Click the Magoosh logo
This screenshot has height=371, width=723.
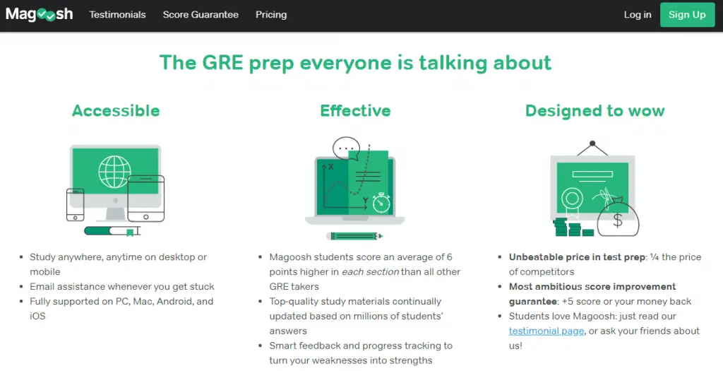(x=40, y=14)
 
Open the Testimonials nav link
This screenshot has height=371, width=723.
(x=118, y=15)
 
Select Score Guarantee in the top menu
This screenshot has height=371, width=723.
(x=201, y=15)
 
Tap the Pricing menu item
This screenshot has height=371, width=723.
(x=271, y=15)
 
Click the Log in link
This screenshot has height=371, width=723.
(x=638, y=15)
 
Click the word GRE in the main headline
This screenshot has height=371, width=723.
(x=222, y=63)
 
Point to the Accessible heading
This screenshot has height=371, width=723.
(x=116, y=111)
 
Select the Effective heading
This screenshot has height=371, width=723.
(x=356, y=111)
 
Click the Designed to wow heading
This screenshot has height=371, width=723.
(x=594, y=111)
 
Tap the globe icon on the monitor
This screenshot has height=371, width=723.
(x=114, y=172)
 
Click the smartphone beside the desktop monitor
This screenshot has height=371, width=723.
(x=75, y=204)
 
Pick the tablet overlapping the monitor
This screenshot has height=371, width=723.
(x=145, y=199)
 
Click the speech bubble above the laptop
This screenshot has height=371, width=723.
(x=346, y=148)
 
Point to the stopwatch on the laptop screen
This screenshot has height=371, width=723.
(x=381, y=203)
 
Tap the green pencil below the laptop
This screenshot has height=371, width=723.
(x=354, y=236)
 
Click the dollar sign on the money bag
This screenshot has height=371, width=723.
(x=617, y=220)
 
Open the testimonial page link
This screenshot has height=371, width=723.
(x=546, y=331)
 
